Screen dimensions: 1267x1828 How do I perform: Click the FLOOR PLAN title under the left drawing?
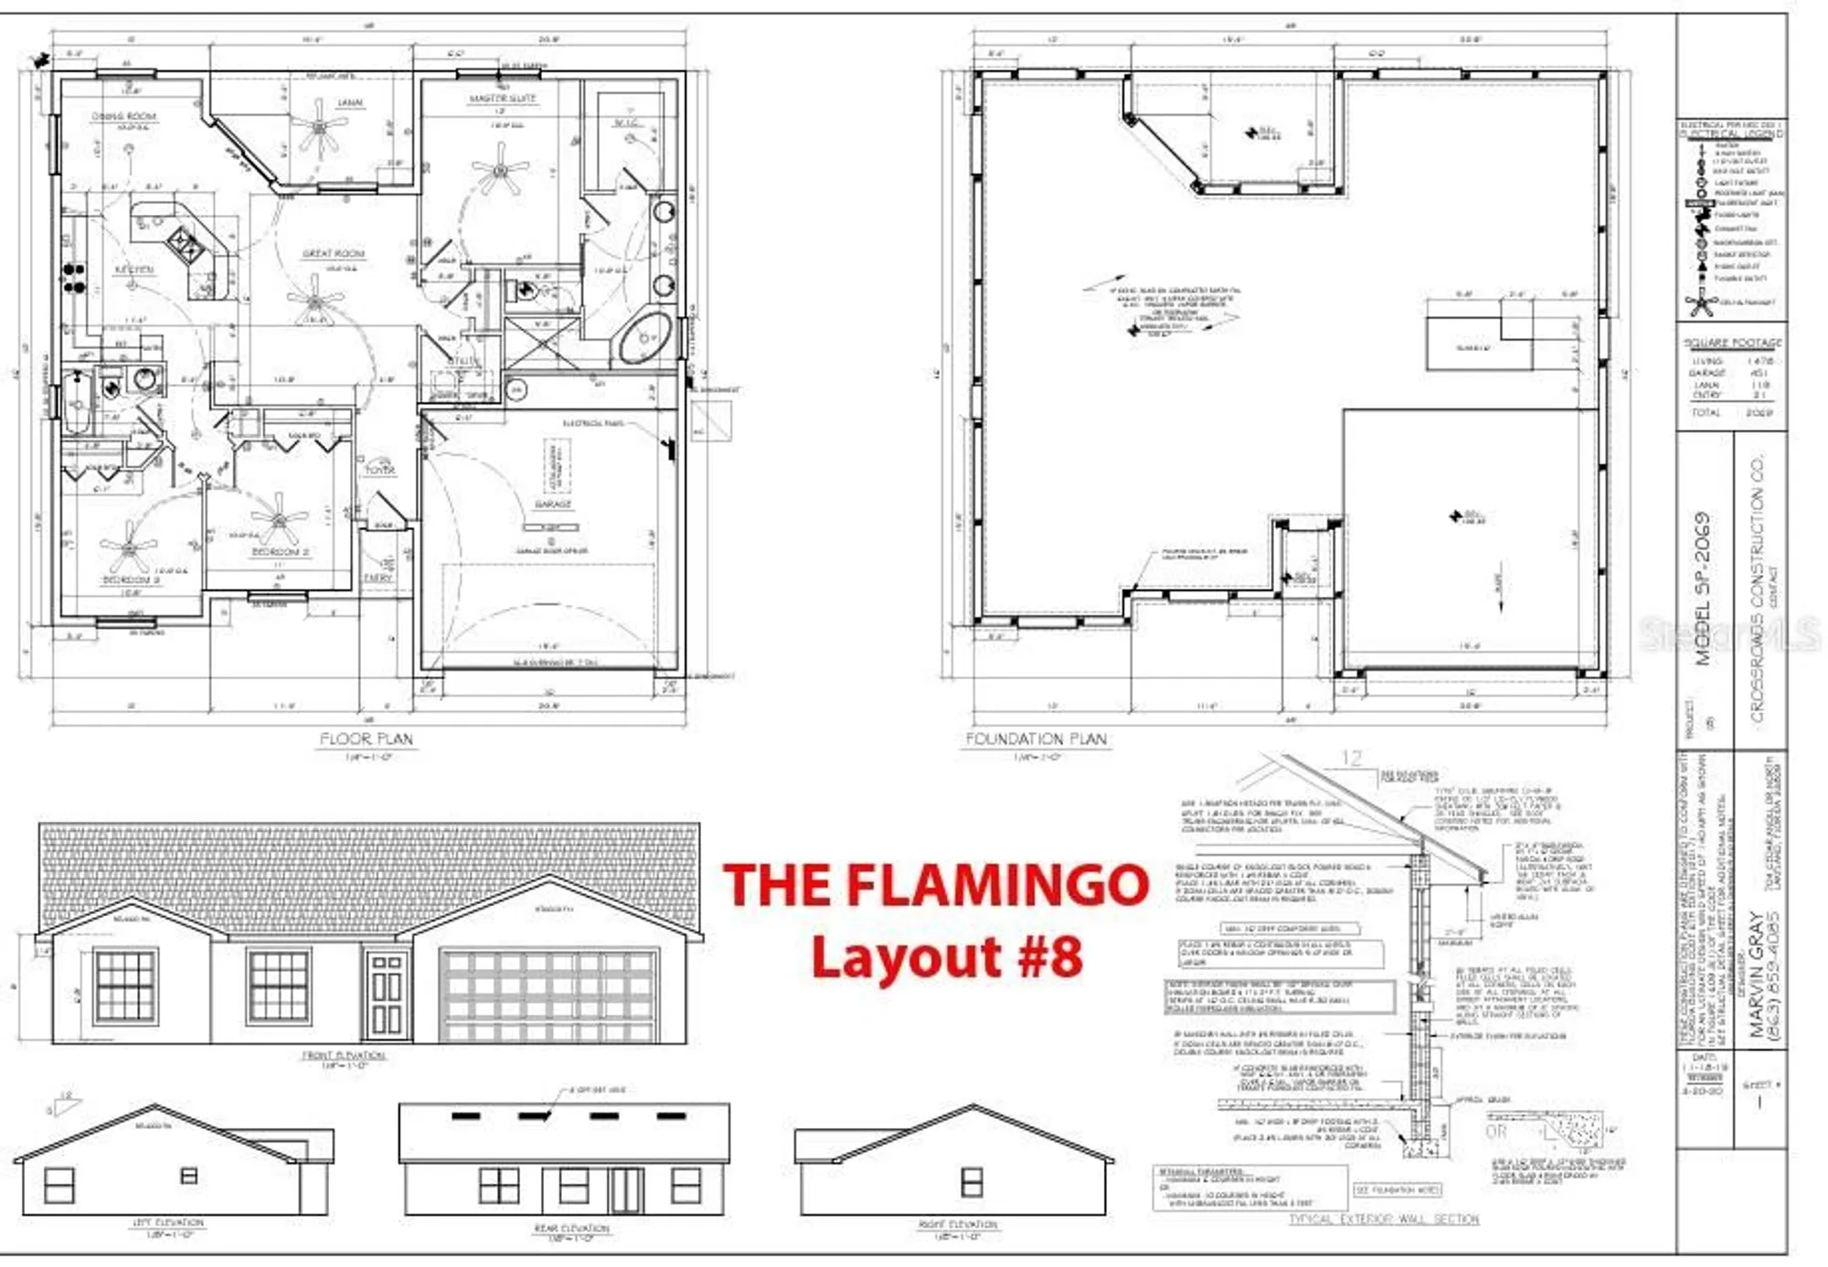pyautogui.click(x=366, y=739)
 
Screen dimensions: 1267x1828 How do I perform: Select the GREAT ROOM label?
pyautogui.click(x=334, y=253)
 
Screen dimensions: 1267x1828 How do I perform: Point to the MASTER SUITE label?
pyautogui.click(x=503, y=98)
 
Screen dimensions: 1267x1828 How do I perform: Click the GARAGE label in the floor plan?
pyautogui.click(x=552, y=504)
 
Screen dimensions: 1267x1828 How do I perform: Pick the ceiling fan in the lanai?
pyautogui.click(x=318, y=126)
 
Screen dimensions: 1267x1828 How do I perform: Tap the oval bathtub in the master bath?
pyautogui.click(x=645, y=338)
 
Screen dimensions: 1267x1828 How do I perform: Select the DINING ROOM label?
pyautogui.click(x=124, y=116)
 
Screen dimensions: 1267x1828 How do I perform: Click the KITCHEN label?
pyautogui.click(x=134, y=270)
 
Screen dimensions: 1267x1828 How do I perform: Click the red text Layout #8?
pyautogui.click(x=946, y=957)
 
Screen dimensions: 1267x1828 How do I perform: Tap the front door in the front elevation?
pyautogui.click(x=386, y=994)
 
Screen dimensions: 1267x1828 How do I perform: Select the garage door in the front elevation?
pyautogui.click(x=548, y=995)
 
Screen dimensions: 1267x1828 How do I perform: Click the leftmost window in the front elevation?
pyautogui.click(x=125, y=985)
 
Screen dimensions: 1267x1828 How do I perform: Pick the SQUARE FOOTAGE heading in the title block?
pyautogui.click(x=1732, y=343)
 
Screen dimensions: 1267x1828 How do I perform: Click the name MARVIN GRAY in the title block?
pyautogui.click(x=1756, y=974)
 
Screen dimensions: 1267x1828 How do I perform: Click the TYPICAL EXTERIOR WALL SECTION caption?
pyautogui.click(x=1383, y=1219)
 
